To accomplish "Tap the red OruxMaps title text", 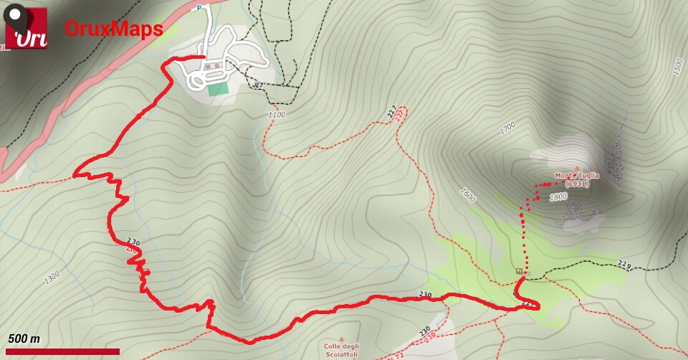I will pos(114,29).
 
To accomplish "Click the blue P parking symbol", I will pos(201,8).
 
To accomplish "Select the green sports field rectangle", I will pos(216,90).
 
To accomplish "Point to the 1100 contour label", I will pos(277,115).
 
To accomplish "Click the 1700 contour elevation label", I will pos(507,128).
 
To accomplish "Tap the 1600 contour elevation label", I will pos(469,194).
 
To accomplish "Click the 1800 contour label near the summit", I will pos(558,196).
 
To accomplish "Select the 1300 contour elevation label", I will pos(52,278).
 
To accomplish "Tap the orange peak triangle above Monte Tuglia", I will pos(575,169).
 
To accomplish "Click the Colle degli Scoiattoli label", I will pos(342,350).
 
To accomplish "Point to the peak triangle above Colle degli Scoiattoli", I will pos(342,339).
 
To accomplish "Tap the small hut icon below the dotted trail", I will pos(518,271).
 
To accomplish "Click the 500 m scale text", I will pos(24,338).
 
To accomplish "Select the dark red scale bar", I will pos(60,351).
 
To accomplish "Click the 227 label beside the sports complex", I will pos(258,86).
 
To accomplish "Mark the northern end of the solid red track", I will pos(204,56).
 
